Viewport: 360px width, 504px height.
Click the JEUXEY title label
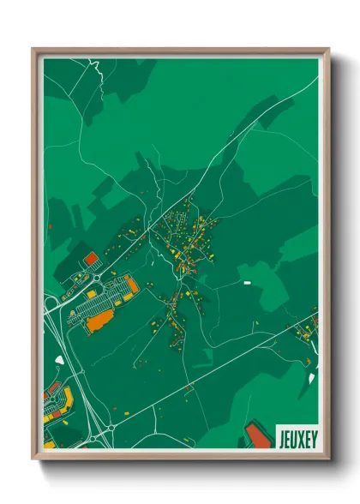pyautogui.click(x=297, y=439)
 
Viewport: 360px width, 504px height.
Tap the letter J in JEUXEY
pyautogui.click(x=282, y=439)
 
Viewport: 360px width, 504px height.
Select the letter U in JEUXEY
pyautogui.click(x=293, y=439)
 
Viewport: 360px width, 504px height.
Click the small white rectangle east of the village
pyautogui.click(x=247, y=282)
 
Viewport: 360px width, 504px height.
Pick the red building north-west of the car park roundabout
pyautogui.click(x=90, y=257)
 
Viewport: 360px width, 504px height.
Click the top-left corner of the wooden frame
pyautogui.click(x=34, y=49)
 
